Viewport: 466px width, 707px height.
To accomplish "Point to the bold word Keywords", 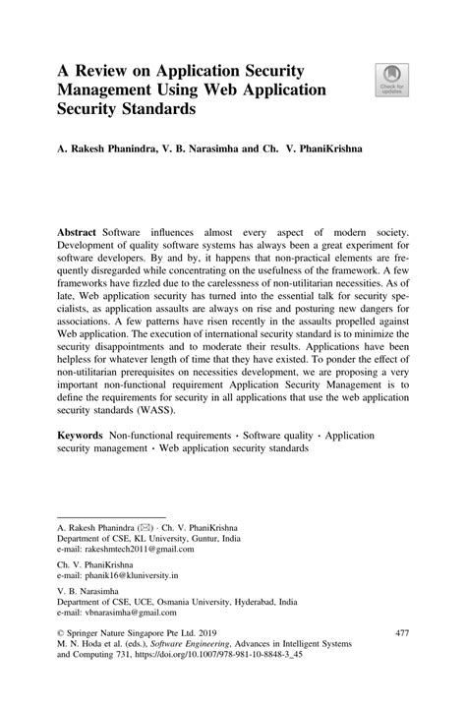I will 82,434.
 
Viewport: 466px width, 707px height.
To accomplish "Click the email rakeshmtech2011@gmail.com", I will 133,552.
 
